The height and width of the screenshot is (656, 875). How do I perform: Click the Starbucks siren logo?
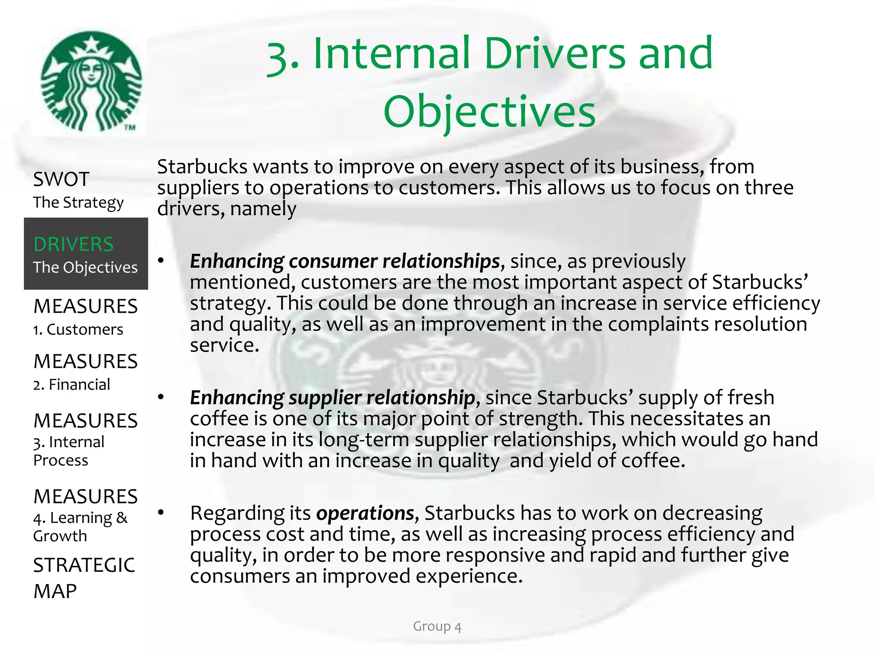click(91, 82)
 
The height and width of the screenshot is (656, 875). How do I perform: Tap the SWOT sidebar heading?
click(61, 179)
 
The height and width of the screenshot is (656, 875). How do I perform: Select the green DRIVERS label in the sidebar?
click(73, 244)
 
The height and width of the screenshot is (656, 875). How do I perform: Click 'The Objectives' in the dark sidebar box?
click(85, 267)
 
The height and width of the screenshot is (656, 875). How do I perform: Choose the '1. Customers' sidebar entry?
click(78, 330)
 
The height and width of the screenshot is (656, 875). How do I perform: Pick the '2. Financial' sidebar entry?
click(72, 384)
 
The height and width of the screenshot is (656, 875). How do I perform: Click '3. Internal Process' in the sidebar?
click(69, 451)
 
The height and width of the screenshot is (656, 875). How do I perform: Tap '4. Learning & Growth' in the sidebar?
click(80, 527)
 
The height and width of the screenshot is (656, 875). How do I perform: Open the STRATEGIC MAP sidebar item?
click(84, 578)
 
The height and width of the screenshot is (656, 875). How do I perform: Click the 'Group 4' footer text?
click(437, 627)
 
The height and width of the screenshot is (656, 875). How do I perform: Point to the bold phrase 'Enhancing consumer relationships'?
click(344, 261)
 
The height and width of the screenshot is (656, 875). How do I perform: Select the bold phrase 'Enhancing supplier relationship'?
click(332, 398)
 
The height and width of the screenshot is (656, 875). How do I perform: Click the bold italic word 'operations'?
click(365, 513)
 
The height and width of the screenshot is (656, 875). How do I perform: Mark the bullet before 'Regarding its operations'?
click(161, 512)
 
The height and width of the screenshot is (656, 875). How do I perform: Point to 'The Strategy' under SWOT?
click(78, 202)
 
